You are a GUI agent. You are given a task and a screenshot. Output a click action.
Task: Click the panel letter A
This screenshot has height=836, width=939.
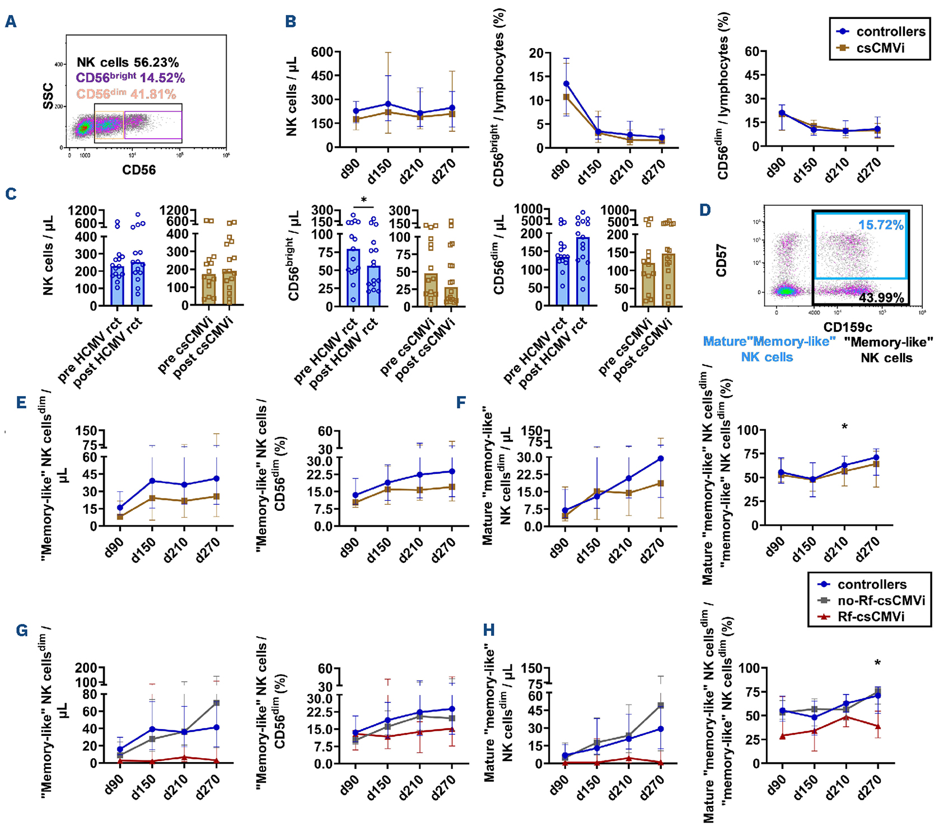coord(11,22)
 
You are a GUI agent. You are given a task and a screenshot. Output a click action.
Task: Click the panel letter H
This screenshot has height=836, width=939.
coord(489,631)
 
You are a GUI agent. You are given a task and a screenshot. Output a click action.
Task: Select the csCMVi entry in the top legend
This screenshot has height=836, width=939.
coord(880,48)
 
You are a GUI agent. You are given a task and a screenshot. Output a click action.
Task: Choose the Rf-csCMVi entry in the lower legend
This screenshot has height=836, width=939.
coord(871,617)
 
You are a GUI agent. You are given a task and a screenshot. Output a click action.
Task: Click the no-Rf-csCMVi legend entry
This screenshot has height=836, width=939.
coord(881,600)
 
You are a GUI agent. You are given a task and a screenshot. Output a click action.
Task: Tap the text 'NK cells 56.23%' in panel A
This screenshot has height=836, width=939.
coord(128,62)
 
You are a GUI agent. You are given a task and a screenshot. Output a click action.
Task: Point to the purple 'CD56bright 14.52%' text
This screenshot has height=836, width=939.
coord(130,78)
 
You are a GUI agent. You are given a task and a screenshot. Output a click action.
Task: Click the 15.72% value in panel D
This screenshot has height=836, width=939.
coord(881,225)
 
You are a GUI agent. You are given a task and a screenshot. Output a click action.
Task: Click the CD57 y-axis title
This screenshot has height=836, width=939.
coord(722,260)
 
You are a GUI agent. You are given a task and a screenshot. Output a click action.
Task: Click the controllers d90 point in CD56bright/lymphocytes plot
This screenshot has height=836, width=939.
coord(567,84)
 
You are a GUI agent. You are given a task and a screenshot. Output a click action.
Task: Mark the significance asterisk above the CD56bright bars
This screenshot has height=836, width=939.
coord(364,200)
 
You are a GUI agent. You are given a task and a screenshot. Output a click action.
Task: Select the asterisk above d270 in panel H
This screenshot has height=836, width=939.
coord(877,664)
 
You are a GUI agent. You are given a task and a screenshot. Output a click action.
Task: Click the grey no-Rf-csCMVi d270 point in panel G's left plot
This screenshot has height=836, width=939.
coord(216,703)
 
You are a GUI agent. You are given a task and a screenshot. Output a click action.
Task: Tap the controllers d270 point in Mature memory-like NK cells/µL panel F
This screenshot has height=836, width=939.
coord(661,459)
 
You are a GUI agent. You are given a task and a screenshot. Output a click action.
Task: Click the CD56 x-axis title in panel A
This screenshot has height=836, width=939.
coord(139,170)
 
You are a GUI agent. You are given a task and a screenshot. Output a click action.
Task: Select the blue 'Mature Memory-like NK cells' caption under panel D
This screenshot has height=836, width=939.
coord(768,349)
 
